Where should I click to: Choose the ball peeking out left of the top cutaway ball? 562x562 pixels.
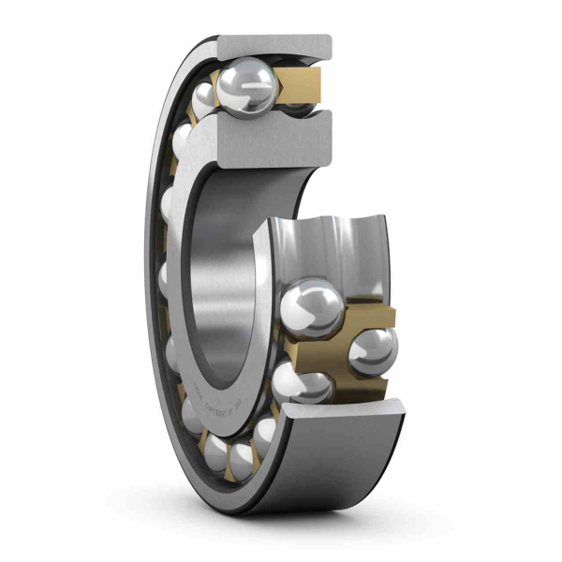coord(202,97)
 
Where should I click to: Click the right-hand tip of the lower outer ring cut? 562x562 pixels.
coord(400,406)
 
